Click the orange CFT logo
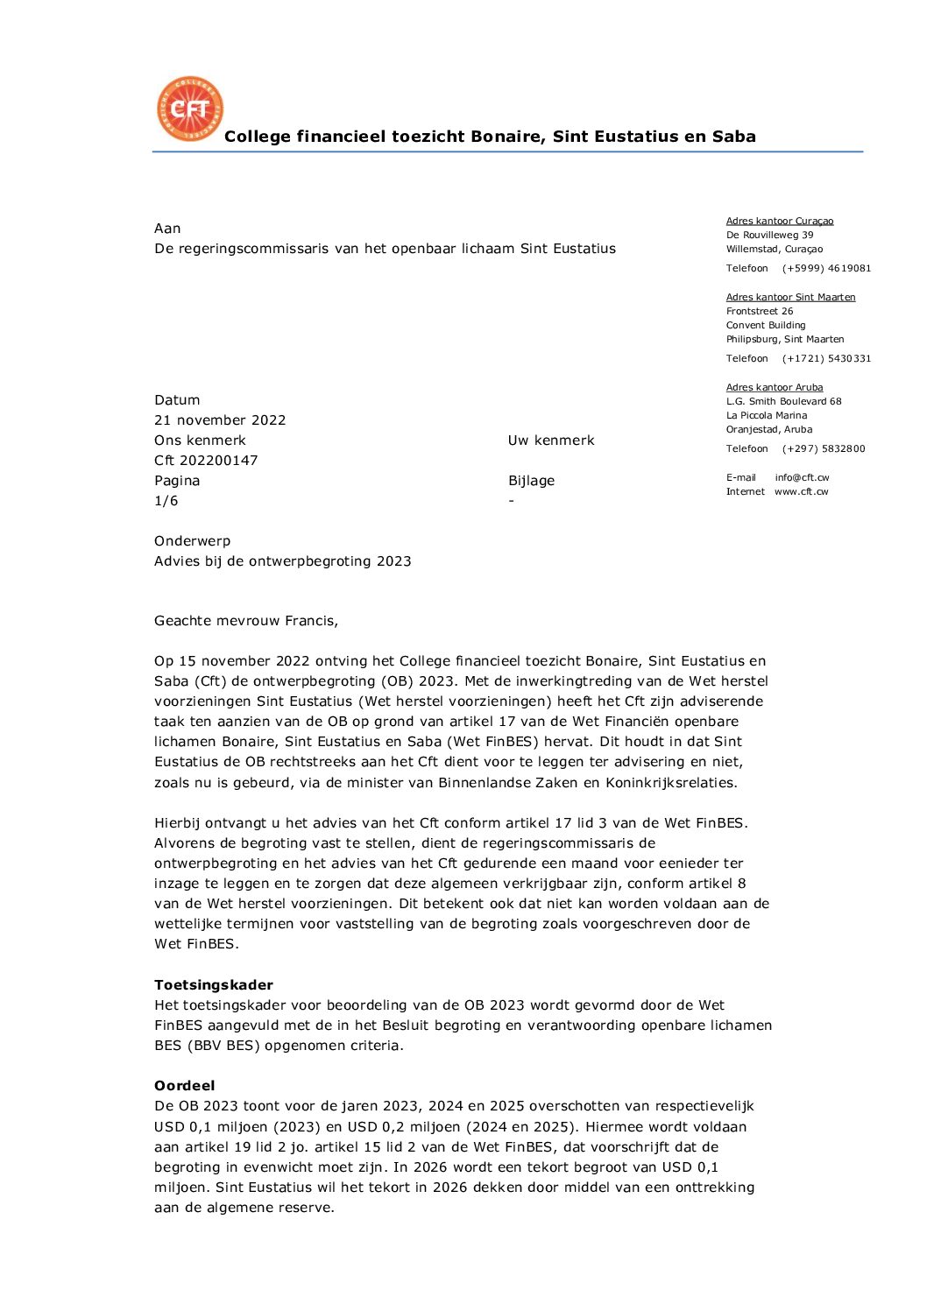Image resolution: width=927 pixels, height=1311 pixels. [x=190, y=109]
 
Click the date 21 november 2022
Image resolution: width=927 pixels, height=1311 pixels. [x=220, y=420]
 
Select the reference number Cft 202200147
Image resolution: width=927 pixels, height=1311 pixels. [x=206, y=461]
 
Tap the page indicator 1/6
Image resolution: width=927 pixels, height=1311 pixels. [x=166, y=501]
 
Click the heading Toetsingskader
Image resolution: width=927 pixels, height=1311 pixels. [x=214, y=985]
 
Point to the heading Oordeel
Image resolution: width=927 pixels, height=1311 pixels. [x=184, y=1086]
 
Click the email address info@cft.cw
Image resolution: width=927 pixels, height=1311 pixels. [x=802, y=478]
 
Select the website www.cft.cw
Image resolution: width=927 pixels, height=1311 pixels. [x=801, y=492]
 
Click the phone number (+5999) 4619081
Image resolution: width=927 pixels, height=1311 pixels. [x=826, y=269]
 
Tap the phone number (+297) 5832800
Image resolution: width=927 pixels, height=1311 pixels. [x=824, y=449]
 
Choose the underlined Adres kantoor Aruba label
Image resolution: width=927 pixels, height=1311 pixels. [x=775, y=388]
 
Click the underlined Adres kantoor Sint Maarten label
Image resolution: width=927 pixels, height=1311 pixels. [x=790, y=298]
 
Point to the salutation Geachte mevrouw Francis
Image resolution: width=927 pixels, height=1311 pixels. [x=246, y=621]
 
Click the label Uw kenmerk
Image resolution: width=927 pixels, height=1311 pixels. [x=551, y=441]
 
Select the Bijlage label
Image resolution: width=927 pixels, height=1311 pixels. [x=531, y=481]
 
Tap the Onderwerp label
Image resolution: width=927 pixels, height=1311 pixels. [x=192, y=541]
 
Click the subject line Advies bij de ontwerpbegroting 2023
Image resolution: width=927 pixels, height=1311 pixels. [x=283, y=561]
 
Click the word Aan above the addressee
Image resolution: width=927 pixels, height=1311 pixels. [x=167, y=229]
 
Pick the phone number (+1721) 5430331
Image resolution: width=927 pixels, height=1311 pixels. [x=826, y=359]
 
